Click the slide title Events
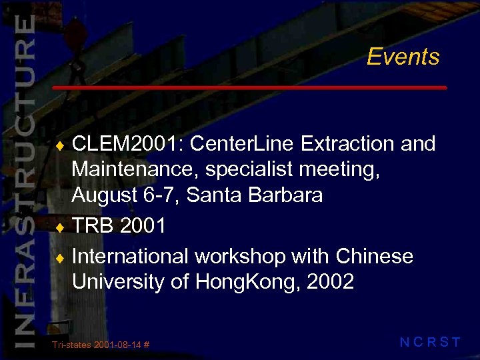pos(403,57)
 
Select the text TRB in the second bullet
pos(93,226)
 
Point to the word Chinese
pos(375,256)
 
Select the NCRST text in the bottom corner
pos(430,343)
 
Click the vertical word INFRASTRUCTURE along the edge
pos(24,180)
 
